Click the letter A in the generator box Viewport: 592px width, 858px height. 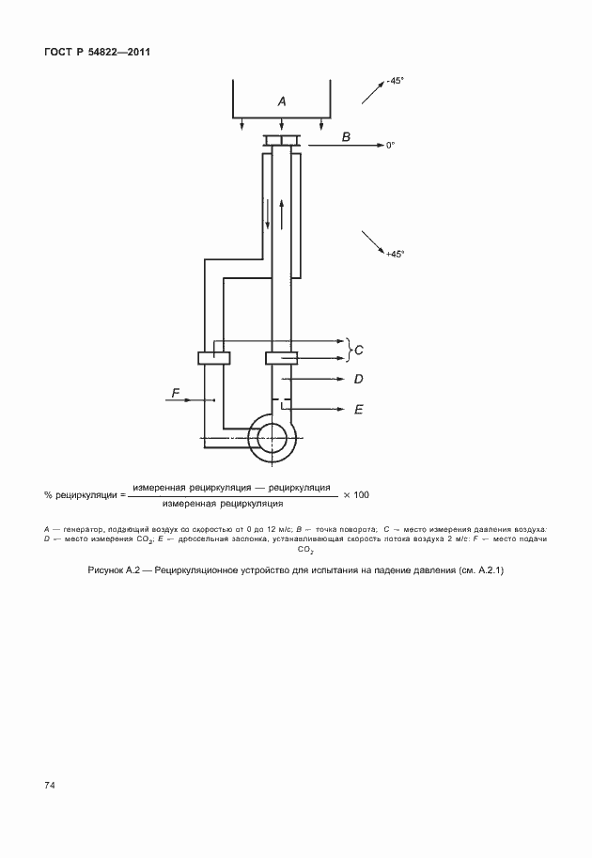[282, 100]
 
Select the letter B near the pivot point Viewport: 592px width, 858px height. [346, 137]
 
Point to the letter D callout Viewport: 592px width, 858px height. [358, 380]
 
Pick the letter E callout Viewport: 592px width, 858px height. [358, 410]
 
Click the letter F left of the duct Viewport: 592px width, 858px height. [175, 392]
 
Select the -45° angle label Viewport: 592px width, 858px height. [395, 81]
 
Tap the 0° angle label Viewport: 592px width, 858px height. [390, 146]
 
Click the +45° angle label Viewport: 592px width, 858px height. [395, 254]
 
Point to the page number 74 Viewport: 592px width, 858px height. [49, 785]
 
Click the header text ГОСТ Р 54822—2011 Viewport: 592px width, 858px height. [97, 51]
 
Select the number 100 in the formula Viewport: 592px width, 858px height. [362, 494]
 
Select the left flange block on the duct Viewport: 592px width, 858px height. [214, 357]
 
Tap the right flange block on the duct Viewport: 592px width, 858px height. [282, 357]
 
